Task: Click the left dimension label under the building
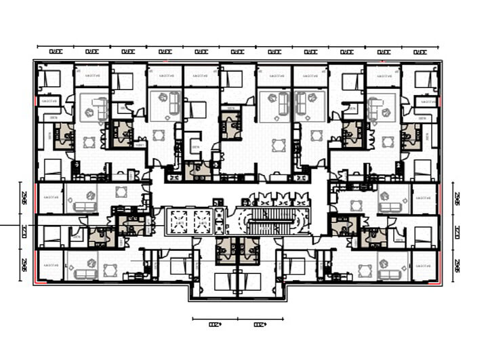click(214, 324)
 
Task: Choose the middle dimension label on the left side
click(24, 231)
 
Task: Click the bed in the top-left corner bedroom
click(49, 80)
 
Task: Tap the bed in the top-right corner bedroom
click(424, 80)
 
